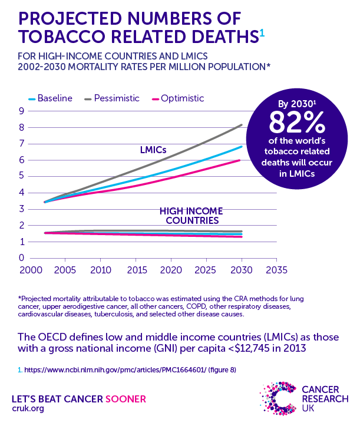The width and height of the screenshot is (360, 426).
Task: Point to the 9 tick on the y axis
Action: pos(21,111)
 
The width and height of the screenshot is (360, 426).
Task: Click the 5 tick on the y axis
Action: pos(21,176)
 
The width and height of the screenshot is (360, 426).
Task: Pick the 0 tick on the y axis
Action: pos(21,257)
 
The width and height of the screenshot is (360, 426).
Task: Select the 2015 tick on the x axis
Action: pos(135,270)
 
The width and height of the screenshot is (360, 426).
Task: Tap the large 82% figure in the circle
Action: pos(296,123)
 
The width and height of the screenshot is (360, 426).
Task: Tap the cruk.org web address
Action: pos(27,408)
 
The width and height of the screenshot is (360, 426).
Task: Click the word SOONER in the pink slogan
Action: pos(125,398)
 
